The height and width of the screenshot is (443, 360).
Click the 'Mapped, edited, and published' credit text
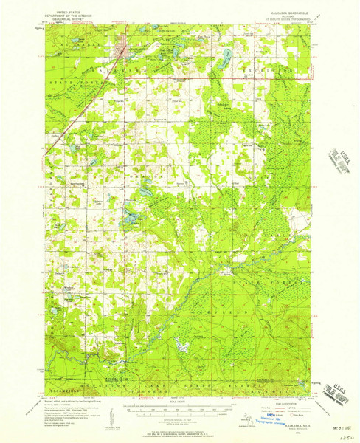(71, 399)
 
